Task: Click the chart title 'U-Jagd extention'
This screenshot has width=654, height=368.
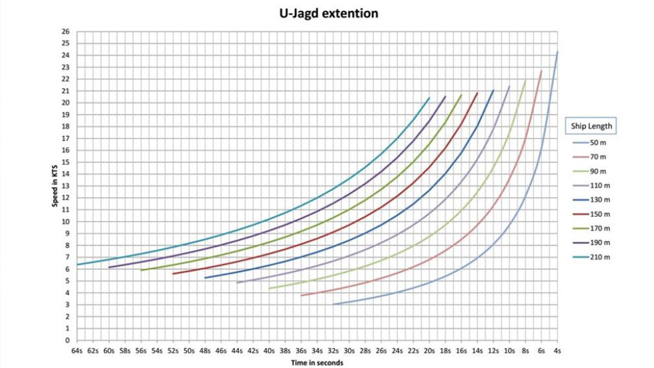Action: [x=329, y=14]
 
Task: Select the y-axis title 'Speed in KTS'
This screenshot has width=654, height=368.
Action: [x=55, y=186]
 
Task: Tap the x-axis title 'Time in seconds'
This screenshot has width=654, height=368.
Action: [x=317, y=363]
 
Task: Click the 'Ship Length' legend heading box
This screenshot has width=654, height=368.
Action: [x=591, y=126]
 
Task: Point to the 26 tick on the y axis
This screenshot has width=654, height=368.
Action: [x=65, y=32]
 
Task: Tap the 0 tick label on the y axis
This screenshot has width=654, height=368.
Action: [x=67, y=340]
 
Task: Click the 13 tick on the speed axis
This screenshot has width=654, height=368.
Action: [x=65, y=186]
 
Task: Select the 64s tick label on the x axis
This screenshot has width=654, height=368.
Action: [x=77, y=351]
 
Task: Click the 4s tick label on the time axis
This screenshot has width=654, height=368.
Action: [x=557, y=351]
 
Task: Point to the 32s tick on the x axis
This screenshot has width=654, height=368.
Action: [x=333, y=351]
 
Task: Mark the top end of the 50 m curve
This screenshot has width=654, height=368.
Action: [x=557, y=52]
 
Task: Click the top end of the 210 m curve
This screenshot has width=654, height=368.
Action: [x=429, y=98]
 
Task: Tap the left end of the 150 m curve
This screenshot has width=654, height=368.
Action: [x=173, y=274]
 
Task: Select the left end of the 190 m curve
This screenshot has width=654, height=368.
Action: [x=109, y=267]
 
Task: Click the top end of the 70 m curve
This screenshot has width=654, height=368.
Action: [x=541, y=71]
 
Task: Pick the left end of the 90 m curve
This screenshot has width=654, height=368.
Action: [x=269, y=288]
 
